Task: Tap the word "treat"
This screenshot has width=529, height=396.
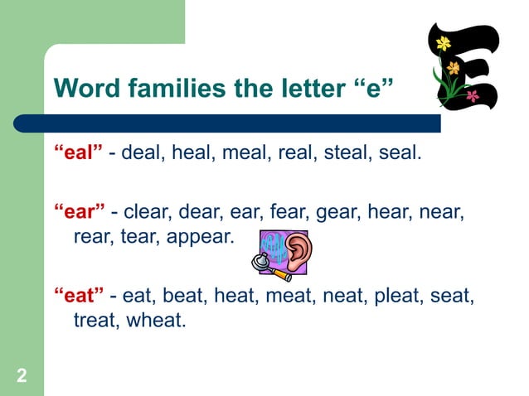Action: click(x=96, y=319)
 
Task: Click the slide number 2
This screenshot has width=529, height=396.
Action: click(x=21, y=377)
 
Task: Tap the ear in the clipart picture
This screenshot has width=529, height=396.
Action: click(x=298, y=247)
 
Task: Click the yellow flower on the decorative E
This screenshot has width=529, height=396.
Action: click(x=444, y=42)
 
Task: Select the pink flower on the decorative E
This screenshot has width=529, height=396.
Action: click(x=473, y=95)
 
